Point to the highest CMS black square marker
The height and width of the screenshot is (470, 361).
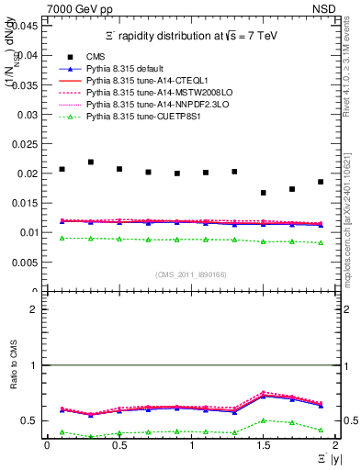pyautogui.click(x=90, y=162)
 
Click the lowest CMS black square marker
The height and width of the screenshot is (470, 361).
pyautogui.click(x=264, y=193)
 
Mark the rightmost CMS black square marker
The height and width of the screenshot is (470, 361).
pyautogui.click(x=321, y=182)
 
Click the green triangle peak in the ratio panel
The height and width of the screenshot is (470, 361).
pyautogui.click(x=264, y=420)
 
